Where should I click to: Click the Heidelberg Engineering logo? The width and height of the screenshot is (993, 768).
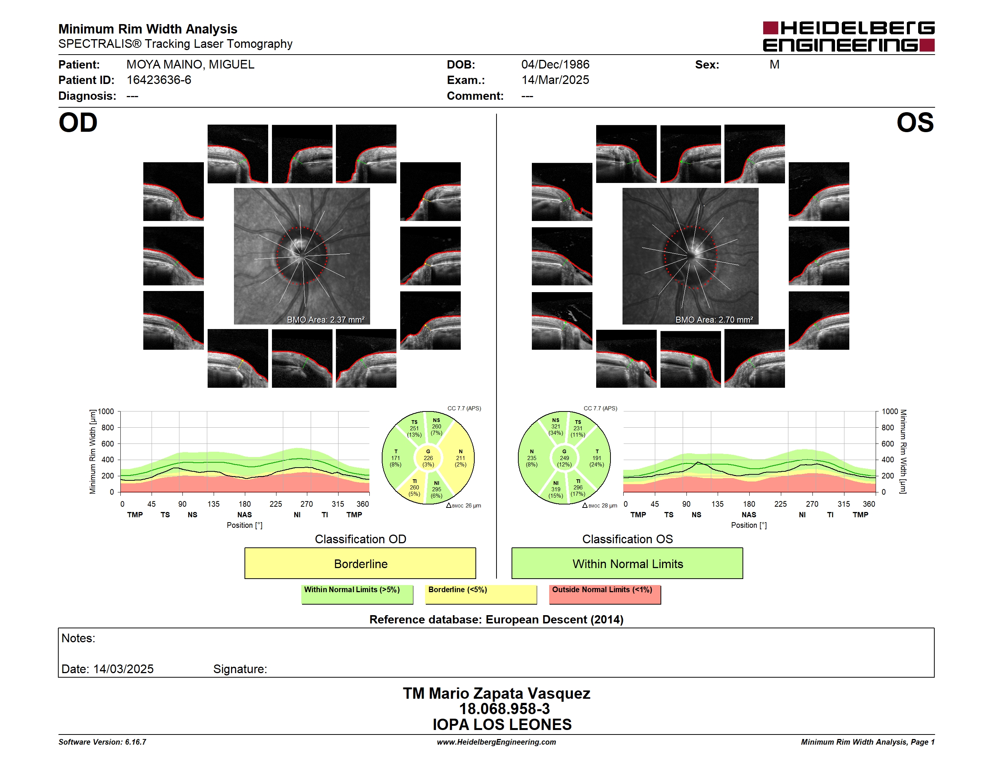pos(849,37)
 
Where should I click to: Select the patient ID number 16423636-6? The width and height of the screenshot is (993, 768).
pos(159,80)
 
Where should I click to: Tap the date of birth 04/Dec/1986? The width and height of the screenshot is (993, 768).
pos(555,65)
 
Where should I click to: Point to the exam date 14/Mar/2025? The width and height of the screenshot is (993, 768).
pos(555,80)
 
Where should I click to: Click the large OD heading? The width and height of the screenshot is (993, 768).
pos(78,123)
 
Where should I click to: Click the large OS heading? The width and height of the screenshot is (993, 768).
pos(915,123)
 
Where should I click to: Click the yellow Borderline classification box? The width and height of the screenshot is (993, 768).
pos(360,563)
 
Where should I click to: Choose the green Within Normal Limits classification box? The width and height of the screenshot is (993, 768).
pos(627,563)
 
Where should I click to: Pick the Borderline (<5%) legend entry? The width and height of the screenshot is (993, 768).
pos(481,594)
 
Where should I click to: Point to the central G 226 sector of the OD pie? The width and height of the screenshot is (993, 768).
pos(428,458)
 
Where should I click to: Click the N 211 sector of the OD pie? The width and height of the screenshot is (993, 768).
pos(460,458)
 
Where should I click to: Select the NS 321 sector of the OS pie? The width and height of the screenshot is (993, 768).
pos(555,427)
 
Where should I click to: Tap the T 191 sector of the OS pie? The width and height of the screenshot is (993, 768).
pos(597,458)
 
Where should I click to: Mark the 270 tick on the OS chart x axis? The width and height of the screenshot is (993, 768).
pos(812,504)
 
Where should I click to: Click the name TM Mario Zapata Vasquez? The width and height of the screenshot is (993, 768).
pos(496,693)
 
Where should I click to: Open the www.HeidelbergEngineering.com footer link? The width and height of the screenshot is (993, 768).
pos(496,742)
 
